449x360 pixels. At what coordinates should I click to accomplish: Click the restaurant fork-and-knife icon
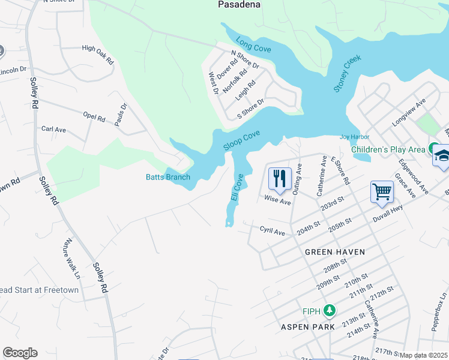coord(279,178)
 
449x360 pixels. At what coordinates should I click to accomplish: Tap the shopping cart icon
coord(382,192)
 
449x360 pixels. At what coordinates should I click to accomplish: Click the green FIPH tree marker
coord(328,310)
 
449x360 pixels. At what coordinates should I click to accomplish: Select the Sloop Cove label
coord(241,141)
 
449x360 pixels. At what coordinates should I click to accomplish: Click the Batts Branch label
coord(168,177)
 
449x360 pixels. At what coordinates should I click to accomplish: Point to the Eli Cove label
coord(237,188)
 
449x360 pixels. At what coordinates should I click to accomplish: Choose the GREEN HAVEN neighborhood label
coord(334,252)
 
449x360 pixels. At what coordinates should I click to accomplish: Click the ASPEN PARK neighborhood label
coord(307,327)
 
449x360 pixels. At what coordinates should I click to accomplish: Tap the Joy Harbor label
coord(354,137)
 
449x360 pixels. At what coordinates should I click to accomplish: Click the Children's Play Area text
coord(388,149)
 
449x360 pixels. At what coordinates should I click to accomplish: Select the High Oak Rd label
coord(98,53)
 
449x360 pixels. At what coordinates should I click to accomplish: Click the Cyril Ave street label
coord(272,230)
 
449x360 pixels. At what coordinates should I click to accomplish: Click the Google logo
coord(20,353)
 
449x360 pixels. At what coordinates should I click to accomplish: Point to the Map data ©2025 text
coord(423,355)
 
